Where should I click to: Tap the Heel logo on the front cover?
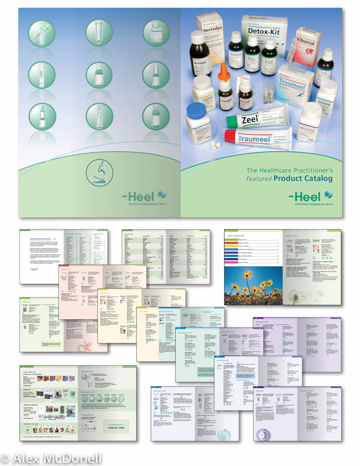pos(311,197)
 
